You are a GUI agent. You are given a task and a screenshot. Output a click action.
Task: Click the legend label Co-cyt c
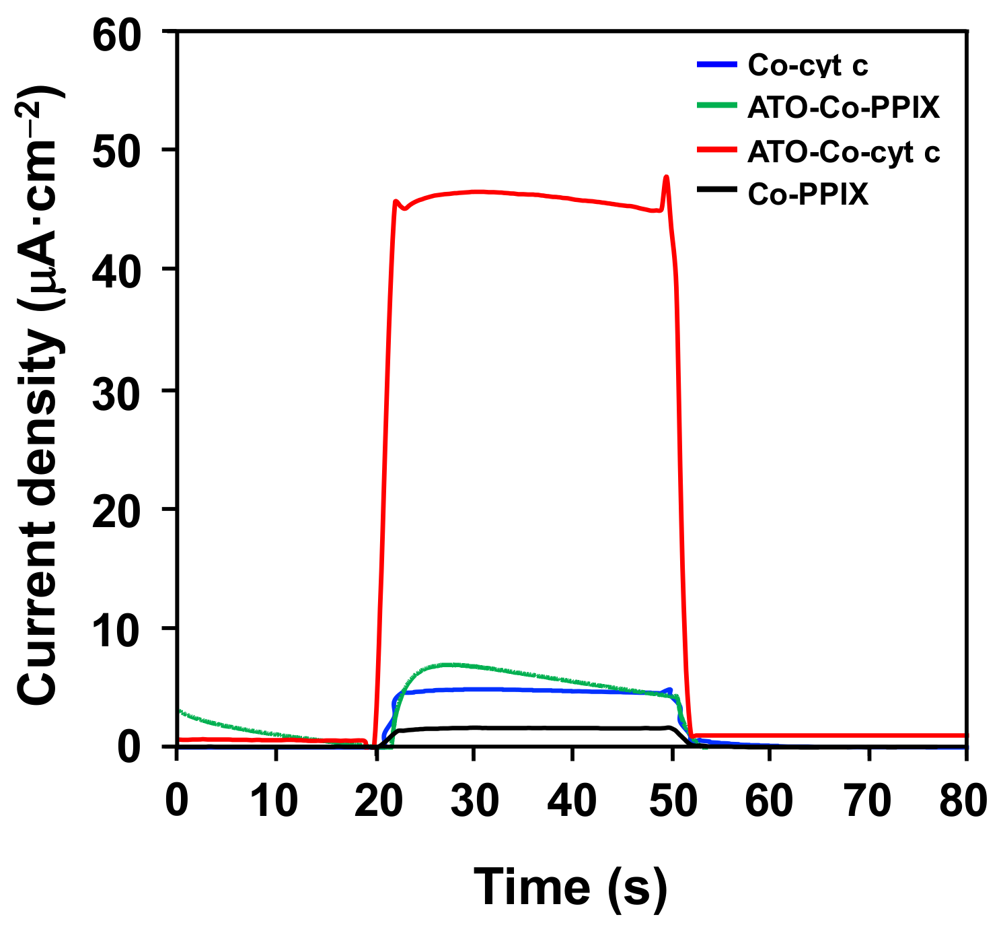[807, 66]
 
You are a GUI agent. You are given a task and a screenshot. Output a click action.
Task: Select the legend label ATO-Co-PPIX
[843, 108]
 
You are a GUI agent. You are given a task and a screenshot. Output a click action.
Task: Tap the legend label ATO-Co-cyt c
[843, 152]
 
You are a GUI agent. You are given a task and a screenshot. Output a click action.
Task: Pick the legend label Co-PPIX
[807, 195]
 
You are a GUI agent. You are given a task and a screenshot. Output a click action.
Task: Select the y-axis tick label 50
[125, 151]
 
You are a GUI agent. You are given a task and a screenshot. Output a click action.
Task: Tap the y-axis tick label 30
[125, 390]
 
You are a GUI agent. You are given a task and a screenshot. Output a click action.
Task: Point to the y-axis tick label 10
[125, 629]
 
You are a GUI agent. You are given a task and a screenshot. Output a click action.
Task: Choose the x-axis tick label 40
[572, 801]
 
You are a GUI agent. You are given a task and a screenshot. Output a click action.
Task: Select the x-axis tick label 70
[868, 801]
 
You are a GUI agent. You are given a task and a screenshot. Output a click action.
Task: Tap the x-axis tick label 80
[964, 801]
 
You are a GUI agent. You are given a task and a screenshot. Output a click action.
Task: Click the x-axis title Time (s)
[570, 887]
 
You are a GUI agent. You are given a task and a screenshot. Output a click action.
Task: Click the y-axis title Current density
[40, 397]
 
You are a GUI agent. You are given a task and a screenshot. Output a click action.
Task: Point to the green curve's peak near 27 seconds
[447, 664]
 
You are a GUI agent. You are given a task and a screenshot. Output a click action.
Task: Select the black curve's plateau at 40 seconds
[572, 728]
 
